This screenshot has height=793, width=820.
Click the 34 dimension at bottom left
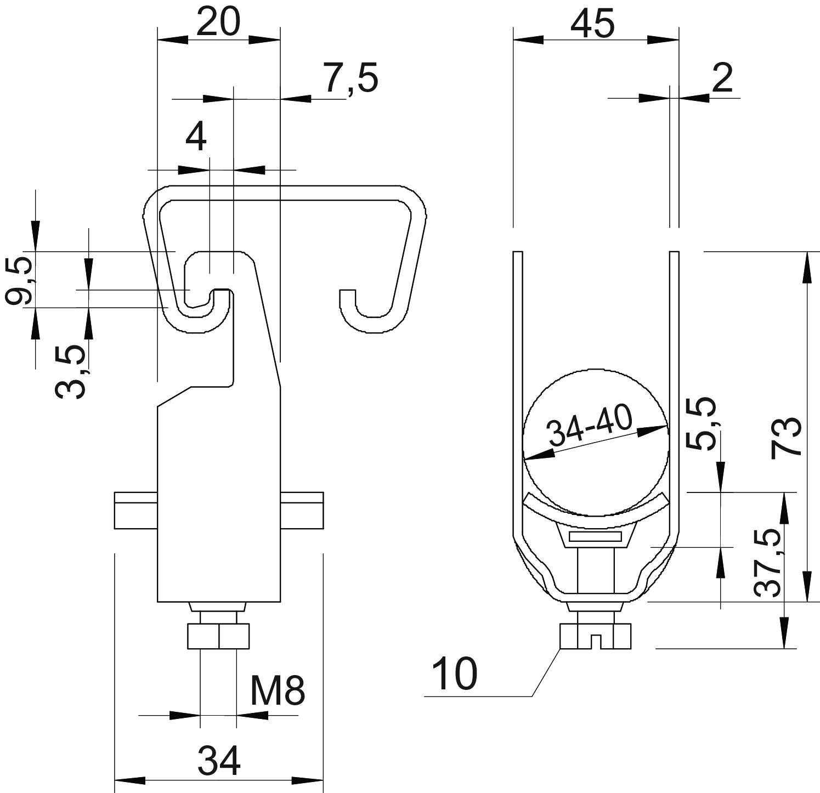click(x=218, y=761)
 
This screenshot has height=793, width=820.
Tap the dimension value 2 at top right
click(x=722, y=78)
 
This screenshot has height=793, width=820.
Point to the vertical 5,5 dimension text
click(x=702, y=423)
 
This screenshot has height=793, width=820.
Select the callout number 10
click(x=455, y=674)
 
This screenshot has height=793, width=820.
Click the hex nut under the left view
click(x=218, y=636)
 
